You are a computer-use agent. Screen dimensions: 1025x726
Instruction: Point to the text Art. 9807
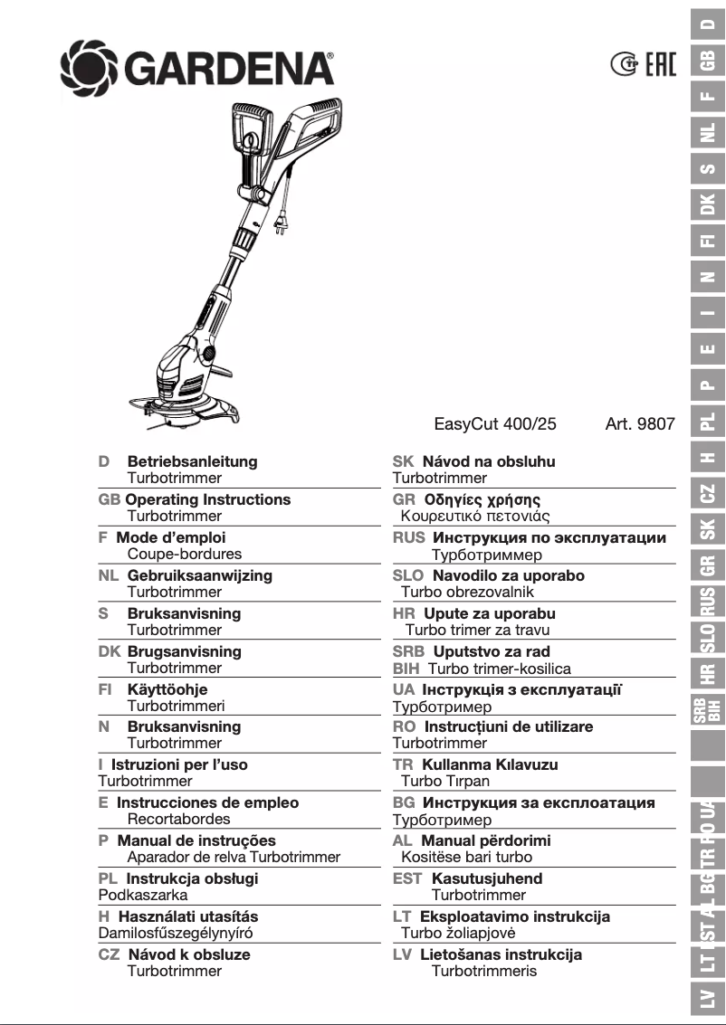(x=639, y=422)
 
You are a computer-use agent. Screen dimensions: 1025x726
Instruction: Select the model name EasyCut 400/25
(x=495, y=422)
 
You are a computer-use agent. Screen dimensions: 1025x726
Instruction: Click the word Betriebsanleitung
(x=192, y=461)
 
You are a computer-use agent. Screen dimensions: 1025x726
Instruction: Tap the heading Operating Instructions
(x=208, y=499)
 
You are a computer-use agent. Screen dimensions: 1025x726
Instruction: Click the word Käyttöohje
(x=167, y=689)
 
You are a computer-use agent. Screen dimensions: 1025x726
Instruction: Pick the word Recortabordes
(x=178, y=819)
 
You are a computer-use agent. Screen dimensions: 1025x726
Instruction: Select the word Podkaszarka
(x=143, y=895)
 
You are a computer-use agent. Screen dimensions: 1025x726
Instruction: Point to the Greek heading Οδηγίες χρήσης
(x=482, y=499)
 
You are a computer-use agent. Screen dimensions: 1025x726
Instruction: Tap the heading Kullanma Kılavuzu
(x=490, y=764)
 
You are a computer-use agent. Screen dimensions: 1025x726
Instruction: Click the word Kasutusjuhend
(x=487, y=878)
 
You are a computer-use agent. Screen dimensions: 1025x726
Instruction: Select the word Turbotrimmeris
(x=483, y=971)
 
